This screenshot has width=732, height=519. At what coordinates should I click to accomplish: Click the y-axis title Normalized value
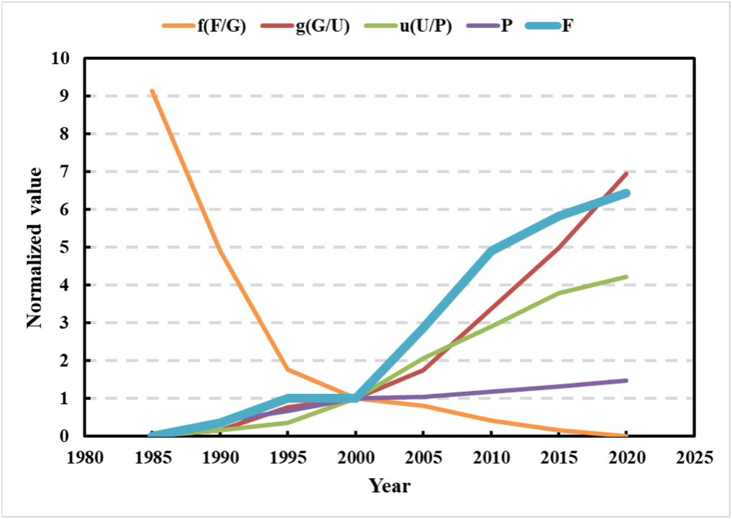click(35, 247)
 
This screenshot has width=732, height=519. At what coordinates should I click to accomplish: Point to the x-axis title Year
click(390, 487)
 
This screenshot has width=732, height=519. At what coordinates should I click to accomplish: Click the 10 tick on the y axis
click(63, 58)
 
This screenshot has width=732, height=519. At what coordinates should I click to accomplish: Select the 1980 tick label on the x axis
click(85, 459)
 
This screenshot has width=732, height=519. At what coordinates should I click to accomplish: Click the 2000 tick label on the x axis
click(355, 459)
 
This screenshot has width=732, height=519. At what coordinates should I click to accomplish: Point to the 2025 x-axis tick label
click(694, 459)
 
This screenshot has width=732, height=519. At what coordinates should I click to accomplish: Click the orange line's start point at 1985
click(152, 91)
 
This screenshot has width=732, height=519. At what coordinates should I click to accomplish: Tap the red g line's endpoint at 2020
click(626, 174)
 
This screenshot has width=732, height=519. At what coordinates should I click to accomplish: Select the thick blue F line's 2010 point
click(491, 249)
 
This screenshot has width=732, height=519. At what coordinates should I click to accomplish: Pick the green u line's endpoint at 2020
click(626, 277)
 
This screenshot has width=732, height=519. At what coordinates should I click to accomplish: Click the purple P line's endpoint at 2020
click(626, 380)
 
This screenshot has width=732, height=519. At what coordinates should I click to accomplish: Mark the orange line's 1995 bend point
click(288, 369)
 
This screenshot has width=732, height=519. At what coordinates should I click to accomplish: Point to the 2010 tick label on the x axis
click(491, 459)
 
